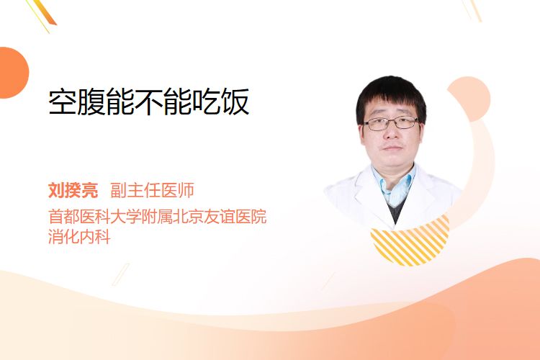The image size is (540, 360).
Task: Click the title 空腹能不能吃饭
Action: [149, 102]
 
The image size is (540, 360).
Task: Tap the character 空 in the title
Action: [63, 102]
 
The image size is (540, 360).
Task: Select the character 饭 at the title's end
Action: [235, 102]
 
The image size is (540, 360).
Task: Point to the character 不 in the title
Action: [149, 102]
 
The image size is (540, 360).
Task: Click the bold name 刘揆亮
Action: [73, 190]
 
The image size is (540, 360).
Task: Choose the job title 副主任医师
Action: [152, 190]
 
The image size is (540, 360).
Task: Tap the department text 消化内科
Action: [79, 237]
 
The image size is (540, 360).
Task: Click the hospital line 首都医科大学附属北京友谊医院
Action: [158, 216]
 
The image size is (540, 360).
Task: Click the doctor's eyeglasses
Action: [391, 123]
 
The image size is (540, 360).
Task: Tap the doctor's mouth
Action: [392, 148]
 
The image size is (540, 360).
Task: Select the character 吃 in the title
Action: [207, 102]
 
